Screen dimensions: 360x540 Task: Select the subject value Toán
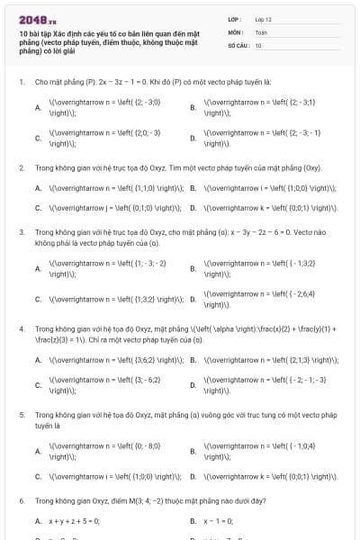(x=261, y=31)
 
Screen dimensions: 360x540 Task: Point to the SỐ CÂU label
(x=237, y=44)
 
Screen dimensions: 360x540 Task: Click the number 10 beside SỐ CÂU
(x=258, y=44)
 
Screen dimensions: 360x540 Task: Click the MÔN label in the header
(x=235, y=31)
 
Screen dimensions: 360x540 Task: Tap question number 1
(x=21, y=81)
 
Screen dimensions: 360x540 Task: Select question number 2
(x=21, y=167)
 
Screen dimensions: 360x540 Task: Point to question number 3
(x=21, y=230)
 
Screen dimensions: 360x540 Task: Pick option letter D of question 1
(x=193, y=138)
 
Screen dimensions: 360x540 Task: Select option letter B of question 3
(x=193, y=268)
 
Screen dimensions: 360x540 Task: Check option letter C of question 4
(x=38, y=385)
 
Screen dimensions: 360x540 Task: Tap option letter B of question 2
(x=193, y=188)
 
